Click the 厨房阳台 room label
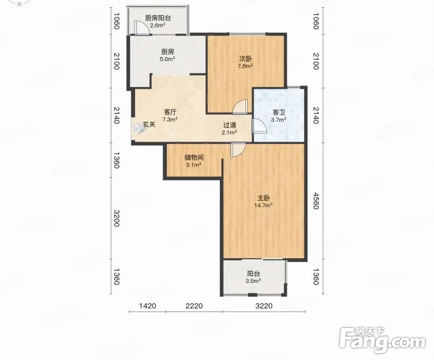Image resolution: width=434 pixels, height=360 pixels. [158, 18]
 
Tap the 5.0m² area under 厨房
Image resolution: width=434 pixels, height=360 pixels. [167, 59]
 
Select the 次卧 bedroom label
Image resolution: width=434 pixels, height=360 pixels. [246, 59]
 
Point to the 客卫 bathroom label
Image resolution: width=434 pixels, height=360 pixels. [279, 112]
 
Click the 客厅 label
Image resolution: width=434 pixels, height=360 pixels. [170, 112]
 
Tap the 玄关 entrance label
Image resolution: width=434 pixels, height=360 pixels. [149, 125]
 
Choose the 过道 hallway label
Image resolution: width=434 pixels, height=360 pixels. [229, 125]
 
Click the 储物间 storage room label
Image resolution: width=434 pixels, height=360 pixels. [194, 157]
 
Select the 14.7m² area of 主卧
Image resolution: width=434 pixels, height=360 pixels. [263, 205]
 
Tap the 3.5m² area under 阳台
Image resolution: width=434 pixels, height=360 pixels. [253, 281]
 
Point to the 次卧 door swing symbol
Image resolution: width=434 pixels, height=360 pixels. [240, 107]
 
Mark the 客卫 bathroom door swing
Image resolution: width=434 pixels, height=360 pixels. [259, 126]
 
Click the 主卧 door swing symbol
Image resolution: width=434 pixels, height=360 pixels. [238, 150]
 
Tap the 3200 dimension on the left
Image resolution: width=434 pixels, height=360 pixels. [117, 218]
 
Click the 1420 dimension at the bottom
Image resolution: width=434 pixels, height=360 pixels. [148, 306]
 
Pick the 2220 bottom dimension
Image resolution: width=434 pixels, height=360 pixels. [194, 306]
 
